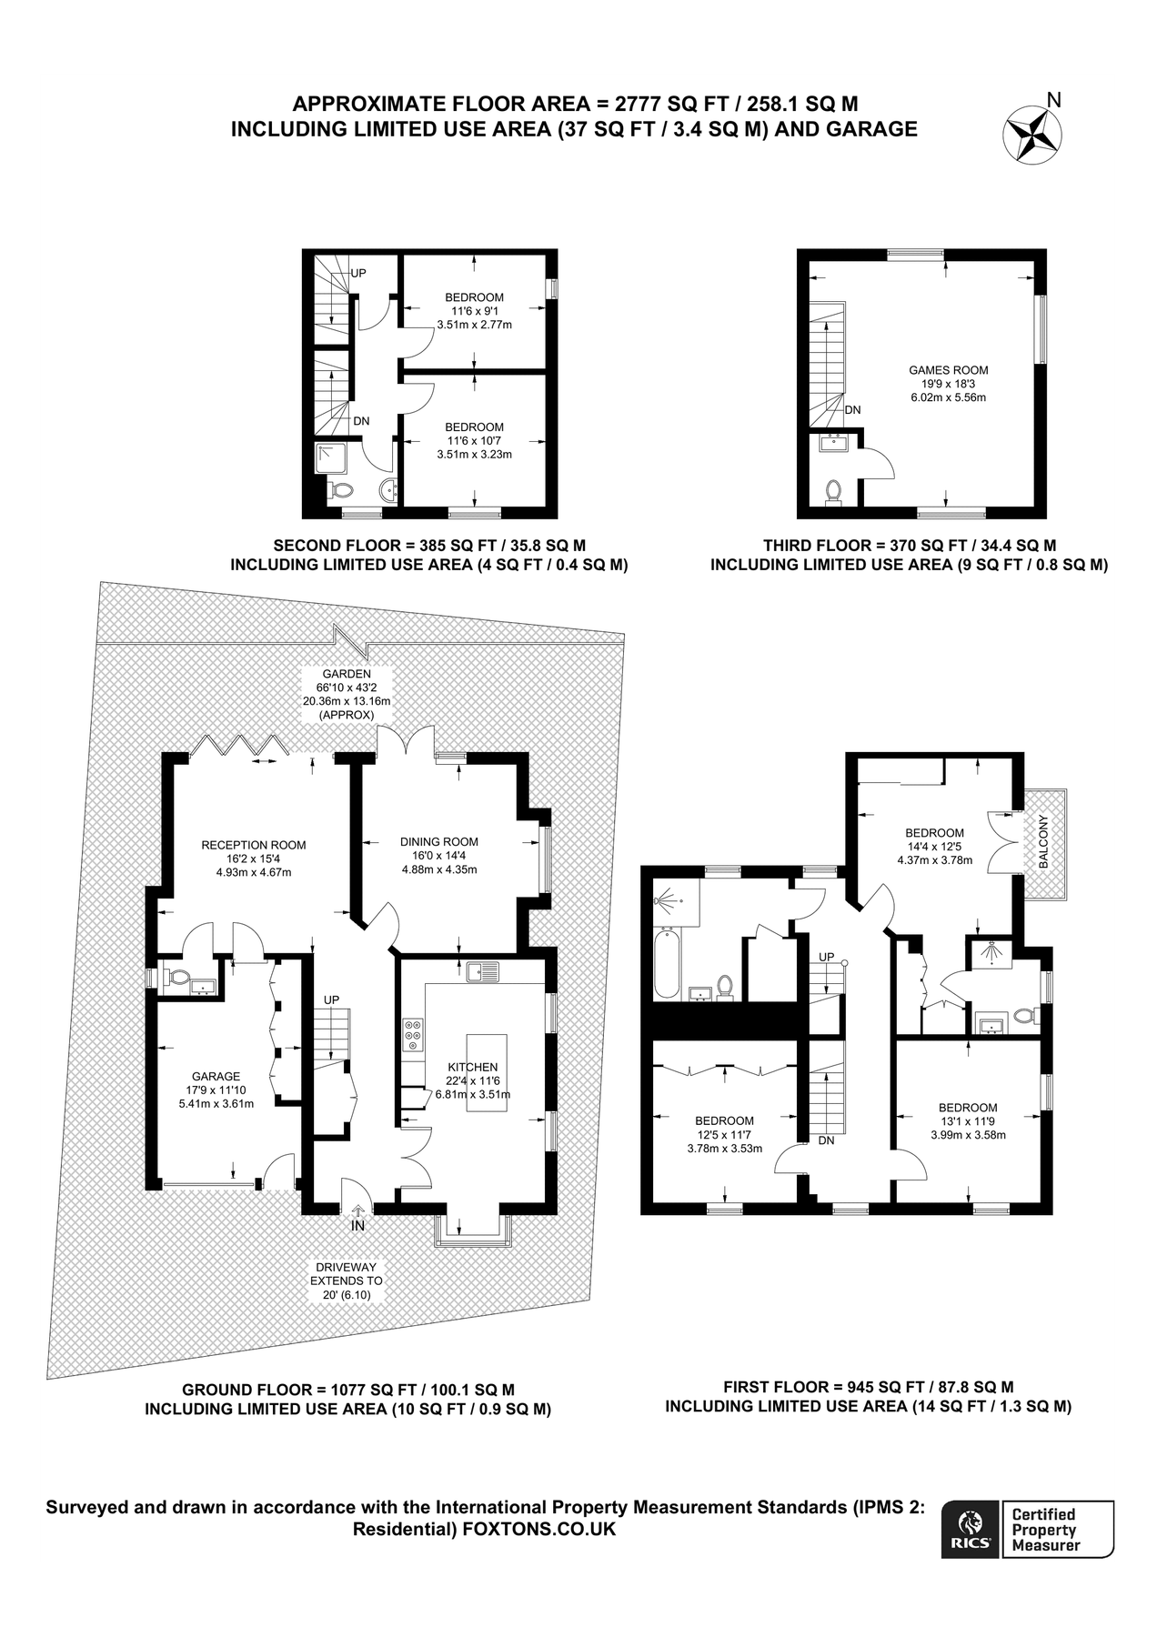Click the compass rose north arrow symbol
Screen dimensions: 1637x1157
tap(1032, 134)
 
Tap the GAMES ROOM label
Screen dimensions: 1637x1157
tap(948, 370)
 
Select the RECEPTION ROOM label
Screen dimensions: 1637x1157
tap(253, 845)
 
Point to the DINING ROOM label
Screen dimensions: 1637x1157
tap(438, 842)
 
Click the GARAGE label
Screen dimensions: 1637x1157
tap(216, 1076)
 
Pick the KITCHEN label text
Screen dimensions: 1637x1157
tap(472, 1067)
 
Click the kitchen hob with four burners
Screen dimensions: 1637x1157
tap(413, 1035)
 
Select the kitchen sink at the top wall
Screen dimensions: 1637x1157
tap(483, 972)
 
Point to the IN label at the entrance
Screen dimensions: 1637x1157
tap(358, 1226)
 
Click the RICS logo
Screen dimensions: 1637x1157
tap(970, 1529)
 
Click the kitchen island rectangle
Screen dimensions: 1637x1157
tap(487, 1072)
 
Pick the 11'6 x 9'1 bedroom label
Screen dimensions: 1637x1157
tap(474, 297)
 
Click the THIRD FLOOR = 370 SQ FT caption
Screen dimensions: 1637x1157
tap(909, 546)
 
